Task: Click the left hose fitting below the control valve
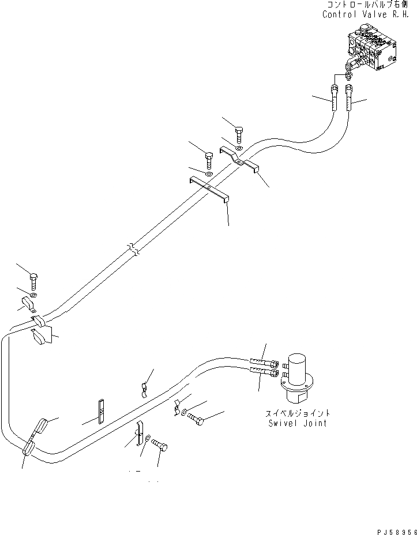pyautogui.click(x=335, y=100)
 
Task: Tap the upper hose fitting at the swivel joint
pyautogui.click(x=265, y=363)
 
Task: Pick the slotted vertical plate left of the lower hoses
pyautogui.click(x=101, y=411)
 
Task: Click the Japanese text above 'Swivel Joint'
pyautogui.click(x=297, y=413)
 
